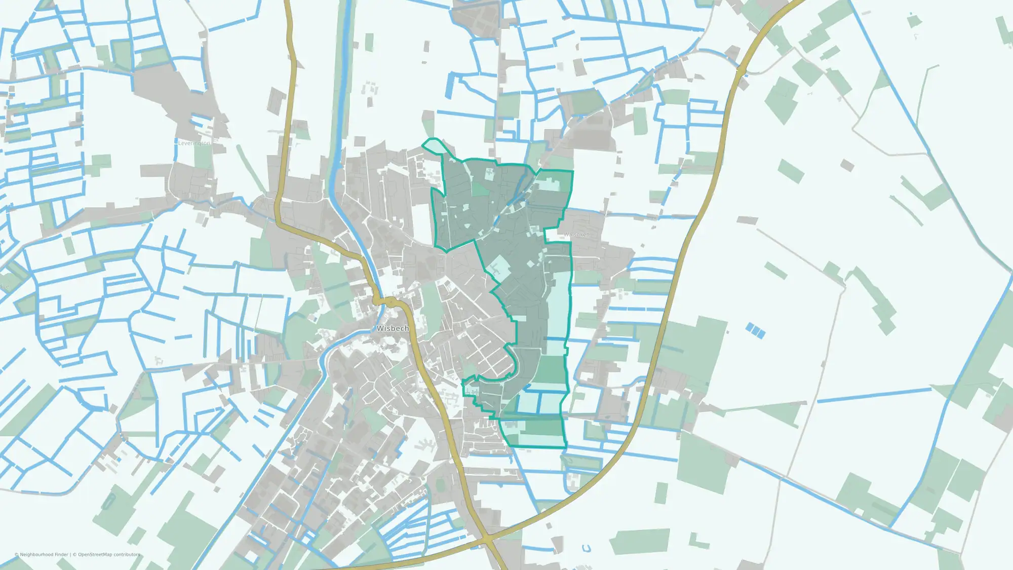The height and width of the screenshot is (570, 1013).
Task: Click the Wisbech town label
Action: [393, 328]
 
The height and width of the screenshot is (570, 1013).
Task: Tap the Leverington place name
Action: [193, 143]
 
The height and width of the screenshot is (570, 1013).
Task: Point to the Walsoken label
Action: [576, 235]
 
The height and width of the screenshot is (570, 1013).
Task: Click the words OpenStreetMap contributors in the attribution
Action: [109, 554]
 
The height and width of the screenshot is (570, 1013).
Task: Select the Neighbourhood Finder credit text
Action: [44, 554]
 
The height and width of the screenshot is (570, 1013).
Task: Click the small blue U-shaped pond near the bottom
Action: [587, 548]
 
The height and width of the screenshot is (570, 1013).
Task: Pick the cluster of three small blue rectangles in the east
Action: [755, 330]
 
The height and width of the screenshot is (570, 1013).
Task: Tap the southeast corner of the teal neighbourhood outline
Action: [565, 447]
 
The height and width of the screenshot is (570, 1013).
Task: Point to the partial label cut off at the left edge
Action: [5, 287]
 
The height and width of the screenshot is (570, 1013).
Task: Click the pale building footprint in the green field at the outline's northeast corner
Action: [548, 184]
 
